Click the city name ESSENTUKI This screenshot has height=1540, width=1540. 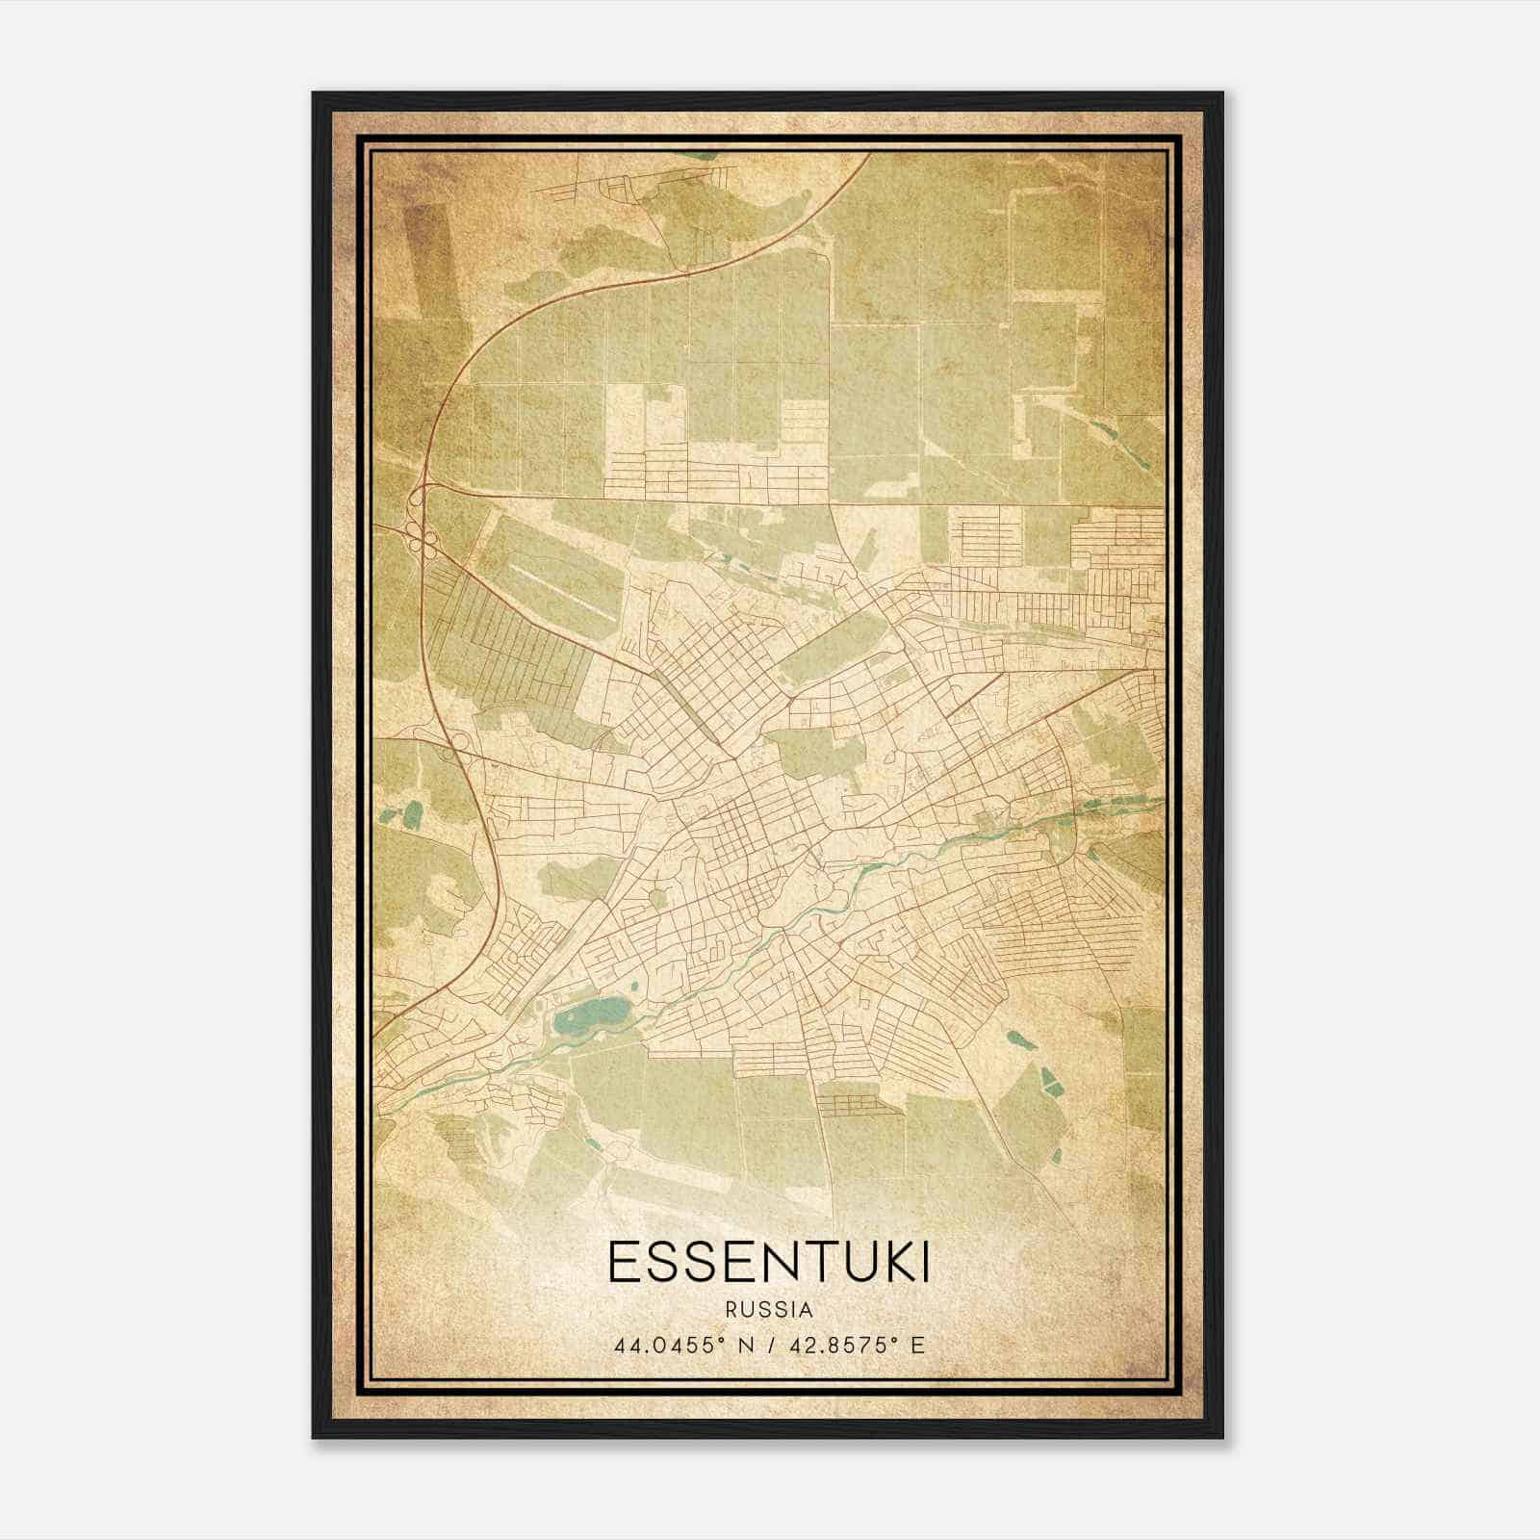(x=769, y=1264)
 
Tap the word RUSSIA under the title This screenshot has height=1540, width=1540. (x=769, y=1309)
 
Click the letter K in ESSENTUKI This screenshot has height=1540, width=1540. (x=890, y=1264)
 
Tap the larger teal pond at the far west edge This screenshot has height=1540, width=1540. (x=412, y=815)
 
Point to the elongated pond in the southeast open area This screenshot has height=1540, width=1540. (x=1018, y=1039)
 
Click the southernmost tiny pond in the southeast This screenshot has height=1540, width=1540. (x=1057, y=1154)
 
